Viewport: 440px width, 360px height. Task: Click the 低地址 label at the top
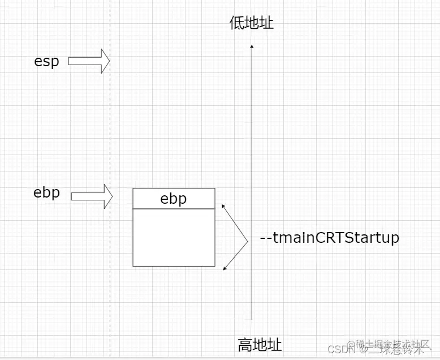252,23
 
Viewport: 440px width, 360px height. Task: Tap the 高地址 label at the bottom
260,344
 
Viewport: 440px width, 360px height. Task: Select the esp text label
46,61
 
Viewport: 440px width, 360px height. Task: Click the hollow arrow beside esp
89,61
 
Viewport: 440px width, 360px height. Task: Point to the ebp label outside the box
46,192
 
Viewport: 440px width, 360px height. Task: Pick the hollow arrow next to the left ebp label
92,196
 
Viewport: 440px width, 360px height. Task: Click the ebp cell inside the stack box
174,199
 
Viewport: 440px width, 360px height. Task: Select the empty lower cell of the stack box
174,237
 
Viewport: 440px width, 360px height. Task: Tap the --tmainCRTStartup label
329,238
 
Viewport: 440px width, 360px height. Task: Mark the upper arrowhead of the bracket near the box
224,205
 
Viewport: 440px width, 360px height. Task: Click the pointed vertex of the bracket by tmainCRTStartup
248,242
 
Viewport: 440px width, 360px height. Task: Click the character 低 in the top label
237,23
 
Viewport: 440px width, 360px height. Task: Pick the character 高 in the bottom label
245,344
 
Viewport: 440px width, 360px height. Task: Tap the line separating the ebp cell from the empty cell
174,208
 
